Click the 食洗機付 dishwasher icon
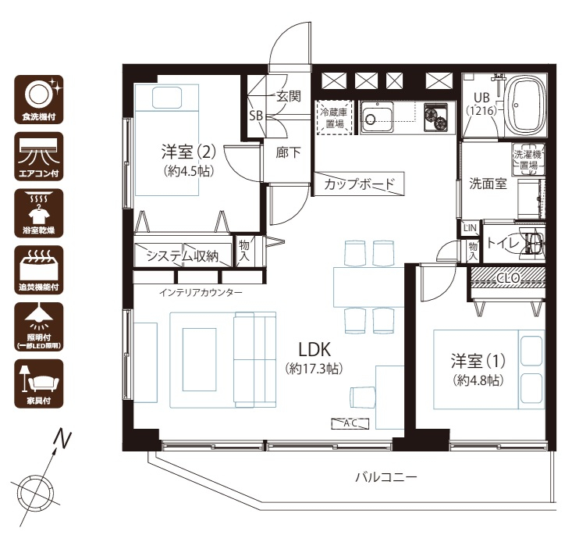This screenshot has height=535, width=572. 39,99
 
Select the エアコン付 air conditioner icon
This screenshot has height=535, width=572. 39,156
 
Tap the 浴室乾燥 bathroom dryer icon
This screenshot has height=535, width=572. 39,213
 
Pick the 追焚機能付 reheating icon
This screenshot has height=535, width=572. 39,270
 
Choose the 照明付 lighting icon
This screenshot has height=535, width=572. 39,326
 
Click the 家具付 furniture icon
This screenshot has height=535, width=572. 39,383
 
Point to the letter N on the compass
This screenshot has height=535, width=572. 62,439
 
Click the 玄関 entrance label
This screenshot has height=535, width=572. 289,96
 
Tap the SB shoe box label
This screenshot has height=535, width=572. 256,116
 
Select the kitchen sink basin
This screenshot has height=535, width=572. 377,116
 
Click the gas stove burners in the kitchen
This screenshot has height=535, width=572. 435,117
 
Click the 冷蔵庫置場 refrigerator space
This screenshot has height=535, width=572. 335,117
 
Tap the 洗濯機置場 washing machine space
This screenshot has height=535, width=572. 528,159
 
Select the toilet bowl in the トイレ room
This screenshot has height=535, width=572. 534,241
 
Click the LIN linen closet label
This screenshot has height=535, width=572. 470,228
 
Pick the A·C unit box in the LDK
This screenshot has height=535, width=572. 350,423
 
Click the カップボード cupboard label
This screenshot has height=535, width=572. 359,184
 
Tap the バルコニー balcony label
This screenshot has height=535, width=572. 386,477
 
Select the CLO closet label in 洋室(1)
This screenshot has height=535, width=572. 508,278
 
